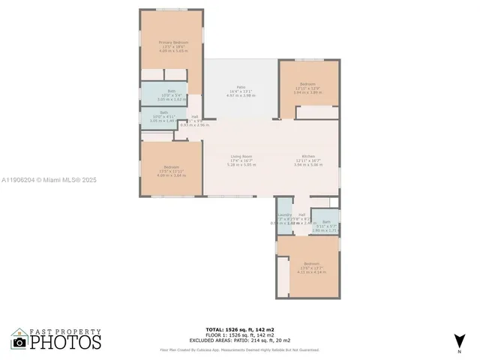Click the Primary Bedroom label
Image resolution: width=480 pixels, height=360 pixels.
pyautogui.click(x=172, y=43)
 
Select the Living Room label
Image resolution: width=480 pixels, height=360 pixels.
pyautogui.click(x=241, y=156)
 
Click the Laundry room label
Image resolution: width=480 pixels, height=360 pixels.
pyautogui.click(x=285, y=214)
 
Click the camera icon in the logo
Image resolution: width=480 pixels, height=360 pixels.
pyautogui.click(x=19, y=342)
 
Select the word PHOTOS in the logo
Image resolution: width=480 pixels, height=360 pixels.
pyautogui.click(x=66, y=342)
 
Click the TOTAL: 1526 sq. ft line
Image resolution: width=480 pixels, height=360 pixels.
pyautogui.click(x=240, y=329)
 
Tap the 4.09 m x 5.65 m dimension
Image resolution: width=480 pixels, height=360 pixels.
pyautogui.click(x=172, y=52)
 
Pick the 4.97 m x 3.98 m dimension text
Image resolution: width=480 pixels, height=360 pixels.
pyautogui.click(x=241, y=95)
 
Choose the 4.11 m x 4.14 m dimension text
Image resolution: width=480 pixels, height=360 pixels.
pyautogui.click(x=311, y=272)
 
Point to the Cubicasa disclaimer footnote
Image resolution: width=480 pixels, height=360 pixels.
pyautogui.click(x=240, y=349)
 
